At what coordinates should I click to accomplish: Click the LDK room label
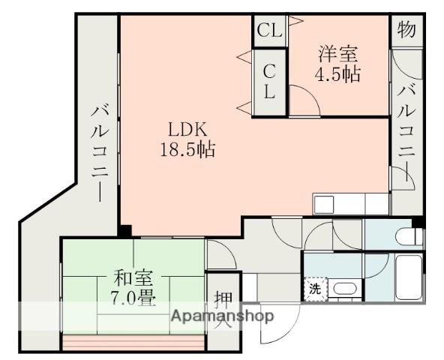tap(187, 130)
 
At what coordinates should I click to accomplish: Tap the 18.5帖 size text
tap(187, 149)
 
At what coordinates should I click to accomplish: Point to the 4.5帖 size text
tap(337, 74)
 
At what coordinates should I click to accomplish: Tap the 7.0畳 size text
tap(133, 298)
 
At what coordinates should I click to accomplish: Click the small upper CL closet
tap(270, 31)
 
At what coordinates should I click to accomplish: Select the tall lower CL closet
tap(269, 82)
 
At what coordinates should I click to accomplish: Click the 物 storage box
tap(406, 30)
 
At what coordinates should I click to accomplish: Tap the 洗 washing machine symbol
tap(315, 289)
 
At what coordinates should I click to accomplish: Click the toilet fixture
tap(409, 236)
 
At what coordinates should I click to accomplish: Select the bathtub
tap(409, 277)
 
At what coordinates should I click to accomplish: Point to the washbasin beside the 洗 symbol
tap(344, 289)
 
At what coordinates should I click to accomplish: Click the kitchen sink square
tap(323, 204)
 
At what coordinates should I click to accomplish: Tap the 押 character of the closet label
tap(223, 299)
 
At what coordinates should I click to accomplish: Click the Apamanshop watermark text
tap(222, 315)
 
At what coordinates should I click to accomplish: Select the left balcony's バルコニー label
tap(100, 153)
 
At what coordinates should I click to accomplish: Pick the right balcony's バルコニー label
tap(407, 133)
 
